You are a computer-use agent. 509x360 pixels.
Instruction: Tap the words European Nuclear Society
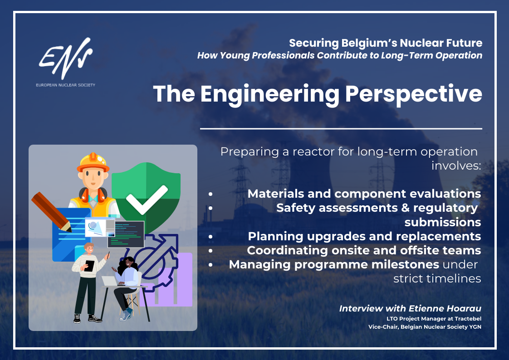click(x=66, y=85)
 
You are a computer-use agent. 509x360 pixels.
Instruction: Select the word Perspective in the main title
click(x=414, y=94)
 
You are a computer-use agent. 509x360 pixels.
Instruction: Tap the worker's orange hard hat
click(x=93, y=162)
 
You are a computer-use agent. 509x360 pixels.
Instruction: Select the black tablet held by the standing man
click(x=89, y=266)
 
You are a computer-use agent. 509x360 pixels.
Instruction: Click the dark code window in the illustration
click(x=126, y=234)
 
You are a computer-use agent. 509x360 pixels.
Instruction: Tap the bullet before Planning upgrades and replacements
click(x=210, y=237)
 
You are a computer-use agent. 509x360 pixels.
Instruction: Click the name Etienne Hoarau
click(x=445, y=308)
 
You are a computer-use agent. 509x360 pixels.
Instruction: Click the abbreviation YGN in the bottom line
click(x=475, y=327)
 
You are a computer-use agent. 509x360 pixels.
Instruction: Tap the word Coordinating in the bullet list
click(x=287, y=251)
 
